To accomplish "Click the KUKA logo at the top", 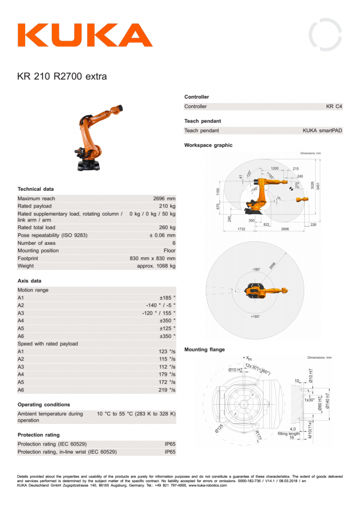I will tap(85, 35).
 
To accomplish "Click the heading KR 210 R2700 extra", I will tap(62, 76).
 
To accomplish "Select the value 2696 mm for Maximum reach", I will tap(164, 198).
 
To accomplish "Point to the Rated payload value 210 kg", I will tap(167, 206).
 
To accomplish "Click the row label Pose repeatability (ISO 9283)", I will tap(52, 235).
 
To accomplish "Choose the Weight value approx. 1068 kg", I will tap(156, 266).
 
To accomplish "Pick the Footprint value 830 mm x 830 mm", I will tap(153, 258).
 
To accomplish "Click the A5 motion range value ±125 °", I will tap(167, 329).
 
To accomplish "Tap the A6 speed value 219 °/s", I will tap(167, 390).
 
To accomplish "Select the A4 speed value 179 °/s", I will tap(167, 374).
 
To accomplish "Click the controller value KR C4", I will tap(334, 107).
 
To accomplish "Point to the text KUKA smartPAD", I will tap(322, 131).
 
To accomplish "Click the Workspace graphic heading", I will tap(208, 145).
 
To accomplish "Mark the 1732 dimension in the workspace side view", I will tap(241, 229).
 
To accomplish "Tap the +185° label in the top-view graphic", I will tap(255, 317).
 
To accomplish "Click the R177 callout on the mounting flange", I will tap(258, 435).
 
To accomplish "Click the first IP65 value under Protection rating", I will tap(170, 444).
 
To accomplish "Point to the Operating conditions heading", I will tap(44, 405).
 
